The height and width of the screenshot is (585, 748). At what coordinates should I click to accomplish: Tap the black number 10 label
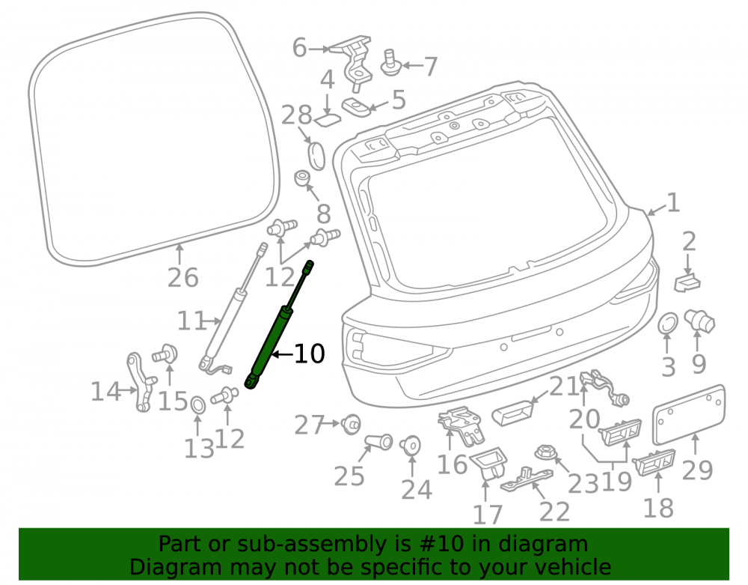click(x=309, y=354)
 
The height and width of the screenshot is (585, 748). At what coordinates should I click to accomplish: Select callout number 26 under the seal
click(x=183, y=277)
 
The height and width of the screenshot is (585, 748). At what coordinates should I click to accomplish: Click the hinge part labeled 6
click(x=354, y=62)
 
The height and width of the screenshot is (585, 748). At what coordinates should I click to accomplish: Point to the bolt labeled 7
click(x=391, y=63)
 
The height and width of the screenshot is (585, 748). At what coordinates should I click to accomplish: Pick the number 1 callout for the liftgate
click(x=673, y=203)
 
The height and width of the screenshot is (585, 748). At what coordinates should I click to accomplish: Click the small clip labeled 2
click(x=687, y=282)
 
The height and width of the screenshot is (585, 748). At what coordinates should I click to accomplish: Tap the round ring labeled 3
click(x=668, y=324)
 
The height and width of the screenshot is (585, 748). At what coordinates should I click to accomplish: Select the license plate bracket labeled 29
click(x=690, y=414)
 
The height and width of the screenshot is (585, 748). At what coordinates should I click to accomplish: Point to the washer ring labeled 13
click(x=197, y=405)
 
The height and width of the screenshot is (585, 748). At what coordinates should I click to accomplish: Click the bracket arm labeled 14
click(x=141, y=382)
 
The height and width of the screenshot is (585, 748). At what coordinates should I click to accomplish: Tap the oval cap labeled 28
click(x=316, y=155)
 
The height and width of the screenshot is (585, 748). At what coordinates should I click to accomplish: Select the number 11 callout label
click(x=191, y=321)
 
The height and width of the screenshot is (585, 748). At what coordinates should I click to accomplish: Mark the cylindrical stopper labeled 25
click(x=378, y=442)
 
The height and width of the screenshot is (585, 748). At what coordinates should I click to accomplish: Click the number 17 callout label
click(x=488, y=515)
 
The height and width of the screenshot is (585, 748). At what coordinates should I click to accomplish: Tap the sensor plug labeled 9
click(x=699, y=321)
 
